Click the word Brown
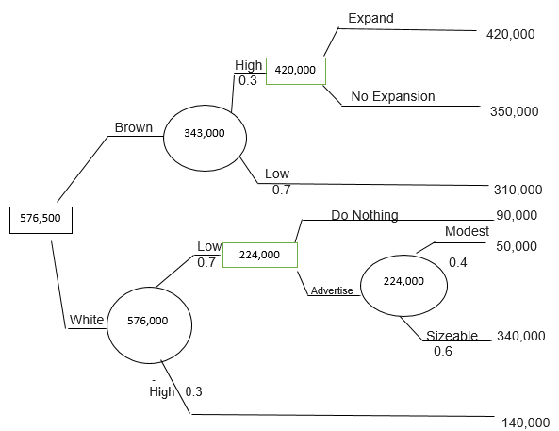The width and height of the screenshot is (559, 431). click(134, 127)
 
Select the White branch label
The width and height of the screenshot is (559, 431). click(87, 320)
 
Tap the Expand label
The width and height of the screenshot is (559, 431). click(370, 18)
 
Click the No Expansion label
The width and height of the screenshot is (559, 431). click(393, 96)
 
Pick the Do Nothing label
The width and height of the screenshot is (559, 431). click(365, 215)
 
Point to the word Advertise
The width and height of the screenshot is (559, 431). click(332, 290)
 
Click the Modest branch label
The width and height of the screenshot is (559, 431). click(467, 231)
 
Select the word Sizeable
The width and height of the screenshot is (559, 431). click(452, 336)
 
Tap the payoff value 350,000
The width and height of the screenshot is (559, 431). click(514, 111)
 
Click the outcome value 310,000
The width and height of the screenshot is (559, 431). click(518, 190)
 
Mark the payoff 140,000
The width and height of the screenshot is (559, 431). click(525, 423)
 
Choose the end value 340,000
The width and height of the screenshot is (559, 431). click(521, 336)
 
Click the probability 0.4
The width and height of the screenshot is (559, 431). click(458, 262)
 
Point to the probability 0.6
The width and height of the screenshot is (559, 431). click(443, 351)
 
